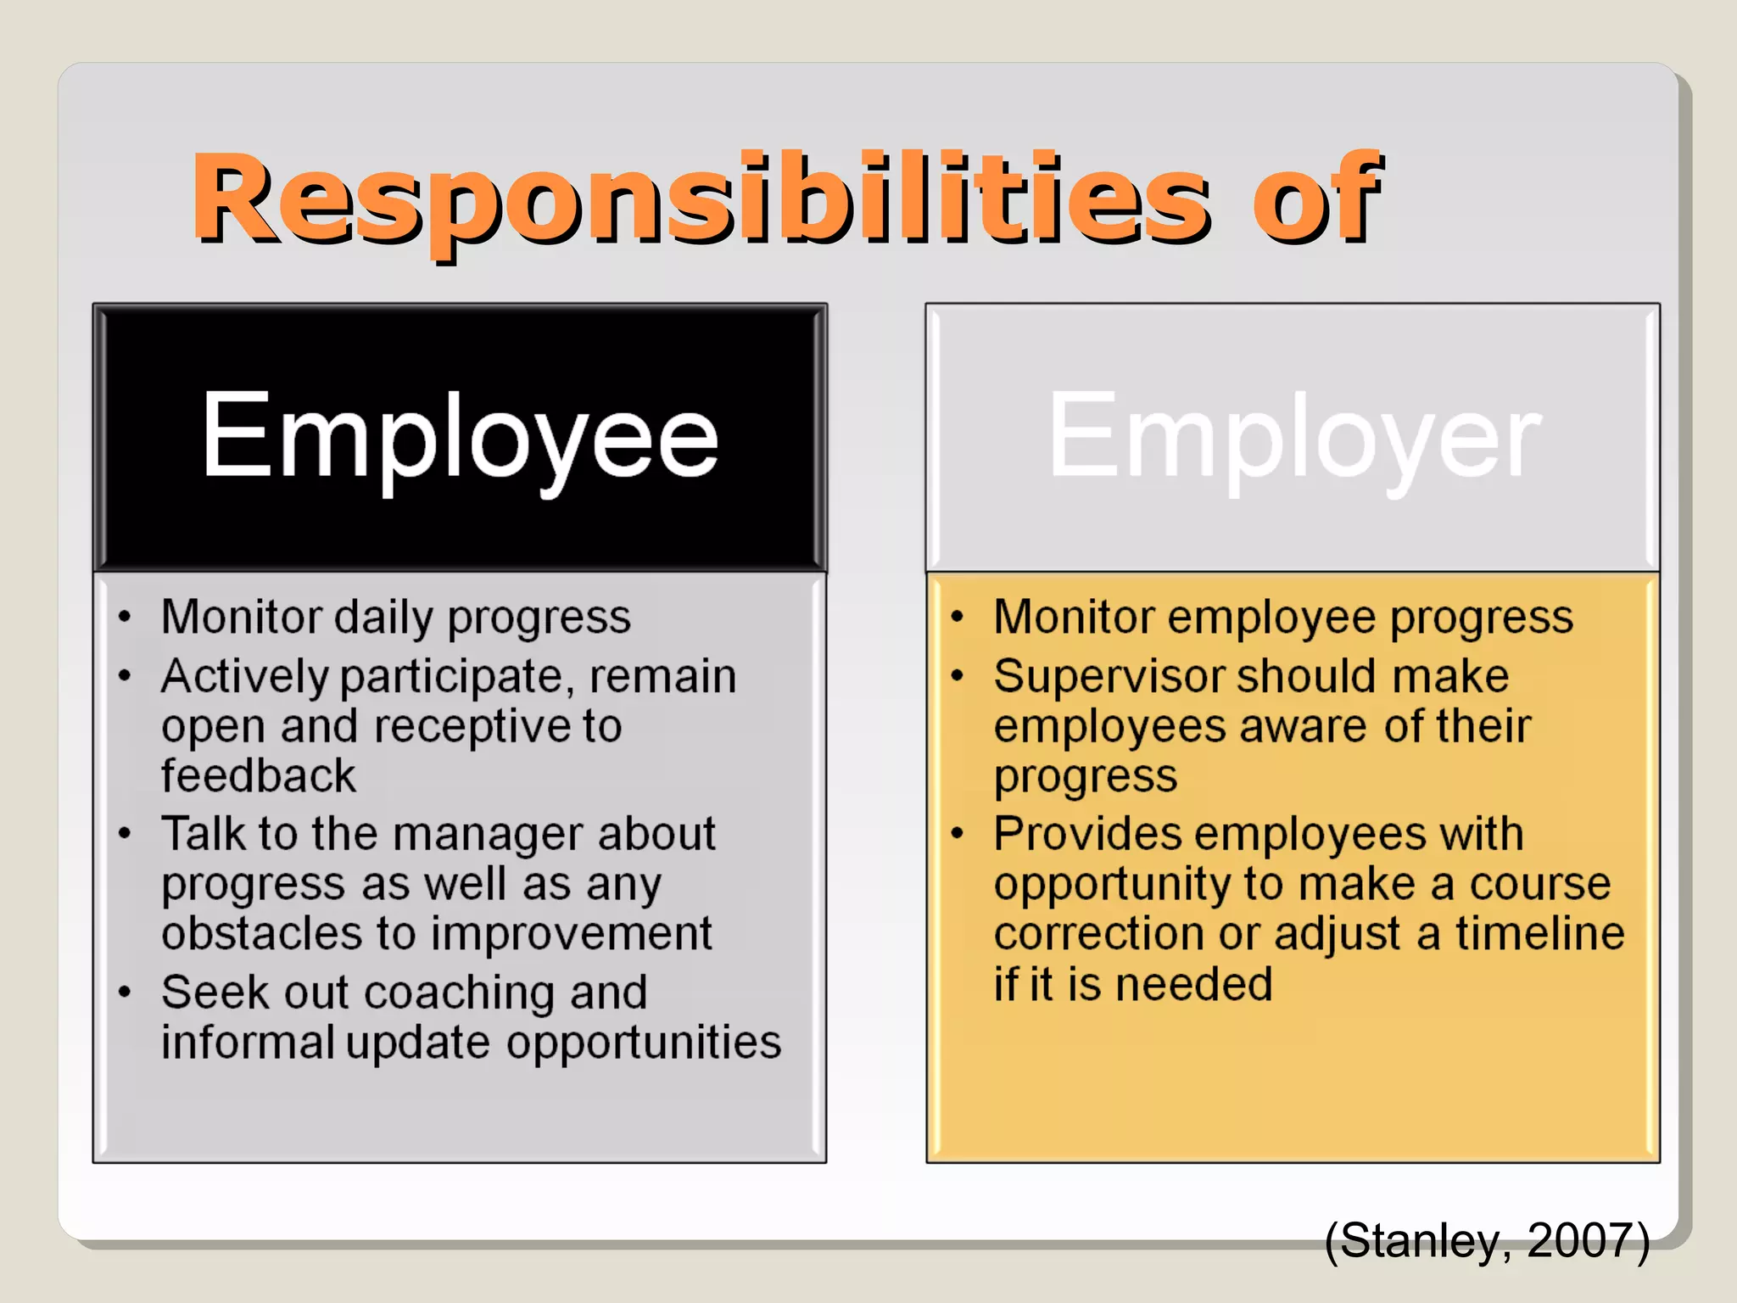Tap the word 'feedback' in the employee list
click(x=259, y=775)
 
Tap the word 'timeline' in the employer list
click(x=1539, y=933)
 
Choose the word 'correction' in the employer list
click(x=1098, y=933)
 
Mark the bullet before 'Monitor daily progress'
click(x=125, y=617)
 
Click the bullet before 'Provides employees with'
click(x=958, y=834)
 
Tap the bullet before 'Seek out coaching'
click(x=125, y=993)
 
